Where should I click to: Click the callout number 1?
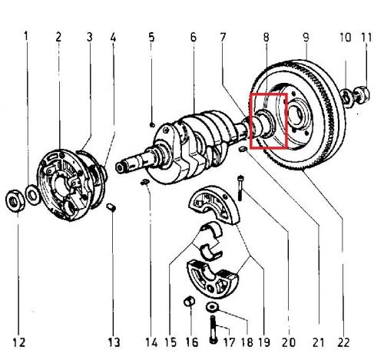pyautogui.click(x=26, y=37)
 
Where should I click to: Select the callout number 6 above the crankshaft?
pyautogui.click(x=194, y=37)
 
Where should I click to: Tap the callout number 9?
pyautogui.click(x=306, y=37)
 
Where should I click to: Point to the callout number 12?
pyautogui.click(x=19, y=342)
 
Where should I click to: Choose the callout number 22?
pyautogui.click(x=343, y=342)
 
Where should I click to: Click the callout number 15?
pyautogui.click(x=170, y=342)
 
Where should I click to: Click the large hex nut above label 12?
pyautogui.click(x=15, y=200)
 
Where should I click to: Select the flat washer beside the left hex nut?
pyautogui.click(x=33, y=195)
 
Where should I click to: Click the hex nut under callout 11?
pyautogui.click(x=362, y=94)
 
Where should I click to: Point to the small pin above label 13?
pyautogui.click(x=111, y=207)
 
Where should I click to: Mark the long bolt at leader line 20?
pyautogui.click(x=240, y=187)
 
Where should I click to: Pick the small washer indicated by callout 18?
pyautogui.click(x=212, y=306)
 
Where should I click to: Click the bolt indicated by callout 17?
pyautogui.click(x=213, y=329)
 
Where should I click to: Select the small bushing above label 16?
pyautogui.click(x=190, y=302)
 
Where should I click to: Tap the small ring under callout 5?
pyautogui.click(x=152, y=125)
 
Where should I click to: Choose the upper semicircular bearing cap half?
pyautogui.click(x=214, y=205)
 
